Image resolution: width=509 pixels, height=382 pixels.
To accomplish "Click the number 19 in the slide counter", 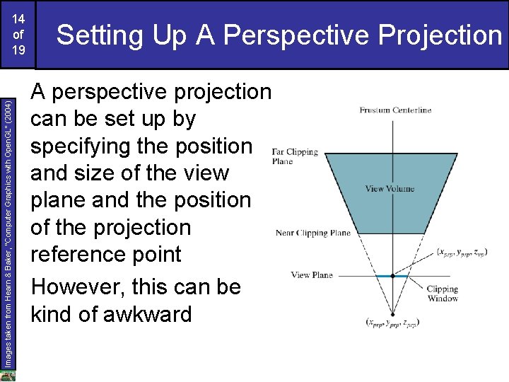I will pos(18,50).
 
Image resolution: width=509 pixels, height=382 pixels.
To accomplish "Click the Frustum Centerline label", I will pos(395,110).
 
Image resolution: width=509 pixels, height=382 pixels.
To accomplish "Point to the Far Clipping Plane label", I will pos(295,156).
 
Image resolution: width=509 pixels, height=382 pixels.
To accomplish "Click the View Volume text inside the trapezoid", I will pos(390,189).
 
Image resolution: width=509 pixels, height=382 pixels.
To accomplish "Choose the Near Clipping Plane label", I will pos(313,233).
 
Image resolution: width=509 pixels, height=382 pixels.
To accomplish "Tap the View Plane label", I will pos(312,274).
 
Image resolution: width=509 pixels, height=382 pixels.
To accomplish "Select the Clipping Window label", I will pos(443,294).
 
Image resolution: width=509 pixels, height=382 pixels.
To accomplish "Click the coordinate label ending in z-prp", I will pos(392,322).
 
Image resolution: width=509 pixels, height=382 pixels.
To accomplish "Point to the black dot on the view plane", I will pos(392,276).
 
